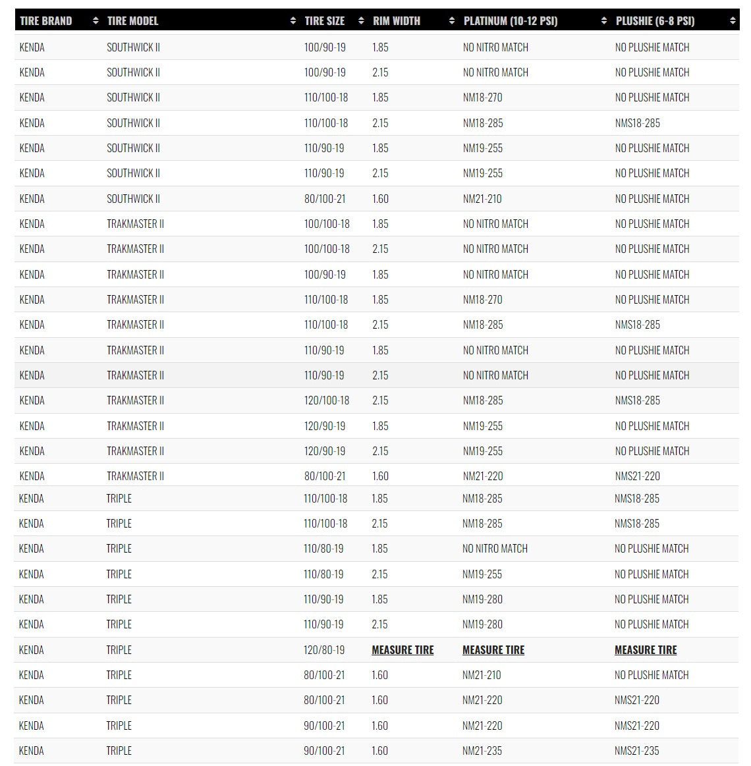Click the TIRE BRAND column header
(45, 20)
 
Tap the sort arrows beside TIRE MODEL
(292, 21)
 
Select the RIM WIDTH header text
(396, 20)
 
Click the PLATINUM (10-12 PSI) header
(510, 20)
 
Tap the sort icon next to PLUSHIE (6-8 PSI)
(733, 21)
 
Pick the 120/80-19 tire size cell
(324, 650)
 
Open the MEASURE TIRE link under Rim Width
(403, 650)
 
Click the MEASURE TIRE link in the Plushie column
(646, 650)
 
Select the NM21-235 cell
(482, 751)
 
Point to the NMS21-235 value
(637, 751)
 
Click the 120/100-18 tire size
(327, 400)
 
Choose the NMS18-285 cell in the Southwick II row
(637, 123)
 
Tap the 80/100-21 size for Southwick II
(325, 199)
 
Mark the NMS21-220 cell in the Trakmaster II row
(637, 476)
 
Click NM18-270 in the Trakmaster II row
(482, 300)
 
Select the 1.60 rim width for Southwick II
(380, 199)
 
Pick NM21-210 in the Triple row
(482, 675)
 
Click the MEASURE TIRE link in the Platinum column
(493, 650)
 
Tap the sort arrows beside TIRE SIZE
(361, 21)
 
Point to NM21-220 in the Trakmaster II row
(482, 476)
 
